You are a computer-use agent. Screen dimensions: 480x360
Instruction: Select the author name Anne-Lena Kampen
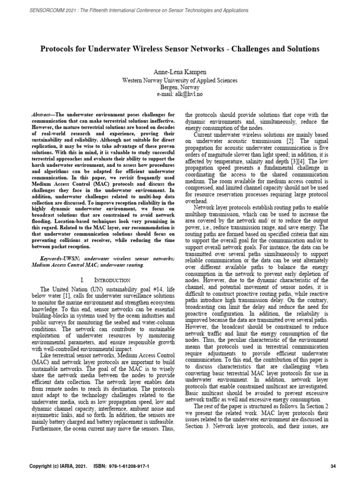pyautogui.click(x=180, y=72)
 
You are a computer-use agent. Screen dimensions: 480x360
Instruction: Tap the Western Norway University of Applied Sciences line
pyautogui.click(x=180, y=81)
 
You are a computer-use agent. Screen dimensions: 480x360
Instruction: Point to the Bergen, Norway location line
pyautogui.click(x=180, y=87)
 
